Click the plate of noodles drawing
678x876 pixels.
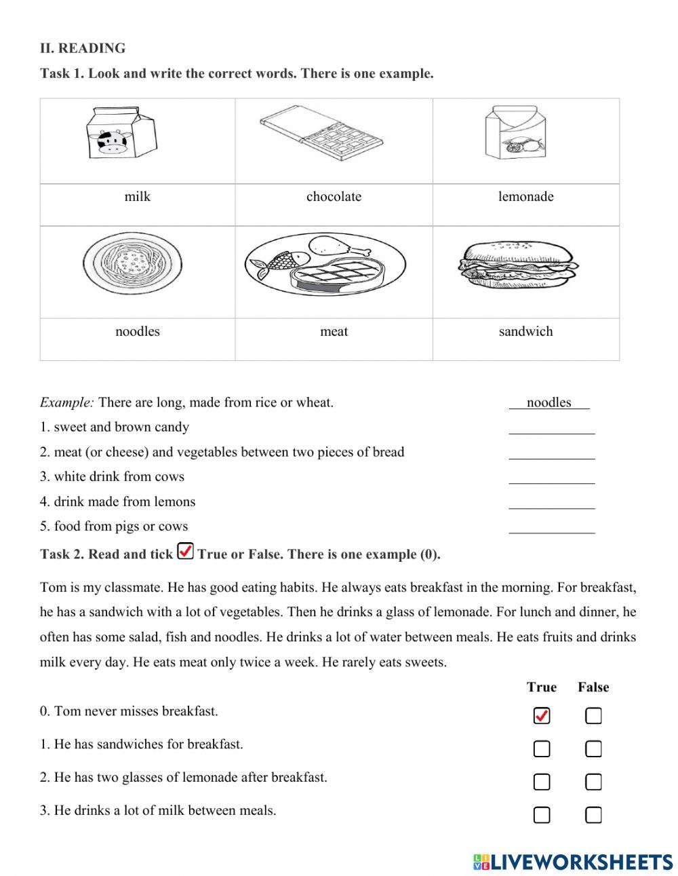[133, 263]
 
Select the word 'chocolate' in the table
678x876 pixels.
[334, 197]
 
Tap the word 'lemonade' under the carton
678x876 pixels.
[525, 197]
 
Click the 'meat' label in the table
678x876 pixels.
[334, 332]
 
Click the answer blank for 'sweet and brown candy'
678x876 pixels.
[551, 427]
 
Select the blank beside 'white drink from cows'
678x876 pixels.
[551, 477]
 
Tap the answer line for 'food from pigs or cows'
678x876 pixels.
[551, 527]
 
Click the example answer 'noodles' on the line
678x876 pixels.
[549, 402]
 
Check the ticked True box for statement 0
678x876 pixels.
[542, 716]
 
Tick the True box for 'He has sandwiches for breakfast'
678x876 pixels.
[542, 749]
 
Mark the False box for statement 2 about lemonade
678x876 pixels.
[593, 782]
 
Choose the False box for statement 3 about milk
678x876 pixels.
[593, 815]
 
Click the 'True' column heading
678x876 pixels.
[541, 687]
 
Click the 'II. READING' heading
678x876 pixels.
[83, 48]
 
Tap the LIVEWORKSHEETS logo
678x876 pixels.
[573, 862]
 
